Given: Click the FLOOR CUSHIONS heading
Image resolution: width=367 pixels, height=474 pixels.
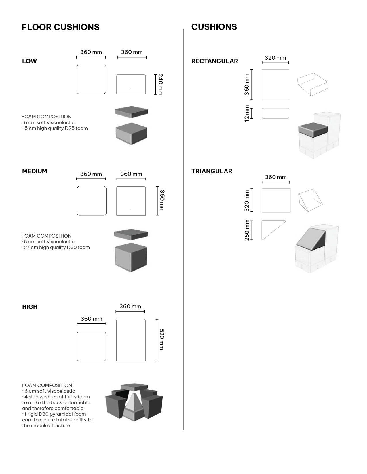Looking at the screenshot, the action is (60, 27).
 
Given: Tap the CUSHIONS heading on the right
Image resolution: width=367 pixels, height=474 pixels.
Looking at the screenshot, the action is (214, 27).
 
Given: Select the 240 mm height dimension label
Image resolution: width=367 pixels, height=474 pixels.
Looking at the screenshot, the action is (161, 84).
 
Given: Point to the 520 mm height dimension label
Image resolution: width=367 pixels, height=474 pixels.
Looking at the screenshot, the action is (162, 339).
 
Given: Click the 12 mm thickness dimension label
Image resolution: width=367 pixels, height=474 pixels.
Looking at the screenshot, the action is (247, 113).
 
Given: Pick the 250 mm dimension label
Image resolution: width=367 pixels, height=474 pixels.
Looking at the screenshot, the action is (247, 230).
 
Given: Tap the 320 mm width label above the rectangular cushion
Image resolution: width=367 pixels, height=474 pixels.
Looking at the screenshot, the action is (275, 58).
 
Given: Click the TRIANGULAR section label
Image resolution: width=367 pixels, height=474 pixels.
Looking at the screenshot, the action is (212, 171).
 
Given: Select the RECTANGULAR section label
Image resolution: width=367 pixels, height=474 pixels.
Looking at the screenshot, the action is (214, 61).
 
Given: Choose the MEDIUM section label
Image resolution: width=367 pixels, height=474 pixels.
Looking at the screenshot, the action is (35, 171).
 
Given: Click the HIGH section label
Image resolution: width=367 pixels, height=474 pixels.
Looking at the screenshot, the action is (30, 307).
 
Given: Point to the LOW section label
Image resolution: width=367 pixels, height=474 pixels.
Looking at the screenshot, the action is (29, 61).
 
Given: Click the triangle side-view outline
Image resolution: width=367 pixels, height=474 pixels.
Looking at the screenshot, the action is (273, 230).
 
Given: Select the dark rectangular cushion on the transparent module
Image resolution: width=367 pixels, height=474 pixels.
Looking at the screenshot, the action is (313, 130).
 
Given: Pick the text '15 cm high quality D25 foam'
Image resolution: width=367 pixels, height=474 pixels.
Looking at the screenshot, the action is (55, 128).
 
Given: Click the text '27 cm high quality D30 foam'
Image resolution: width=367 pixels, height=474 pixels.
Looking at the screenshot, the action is (56, 248).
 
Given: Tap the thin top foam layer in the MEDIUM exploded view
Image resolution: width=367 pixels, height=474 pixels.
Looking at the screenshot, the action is (131, 234).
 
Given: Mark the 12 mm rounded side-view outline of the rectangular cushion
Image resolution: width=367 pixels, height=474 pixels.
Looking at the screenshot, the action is (275, 113).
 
